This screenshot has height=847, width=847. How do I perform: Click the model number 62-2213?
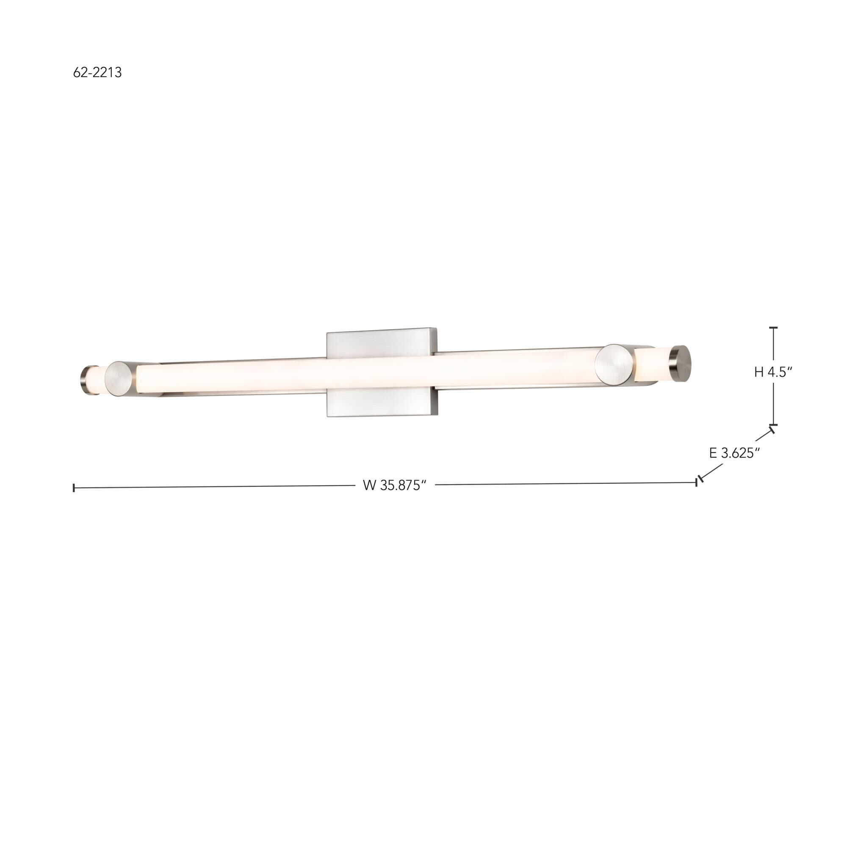(97, 72)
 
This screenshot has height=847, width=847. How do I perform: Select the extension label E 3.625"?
(734, 453)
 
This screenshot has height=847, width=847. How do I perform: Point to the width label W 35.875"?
(395, 485)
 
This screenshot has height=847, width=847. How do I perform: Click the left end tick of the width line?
(74, 487)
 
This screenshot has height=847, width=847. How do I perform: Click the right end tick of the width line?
(696, 482)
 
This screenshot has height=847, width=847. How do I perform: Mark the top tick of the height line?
(773, 327)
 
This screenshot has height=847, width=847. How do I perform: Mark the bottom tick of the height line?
(773, 424)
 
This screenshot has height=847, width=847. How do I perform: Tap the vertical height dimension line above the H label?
(773, 351)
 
